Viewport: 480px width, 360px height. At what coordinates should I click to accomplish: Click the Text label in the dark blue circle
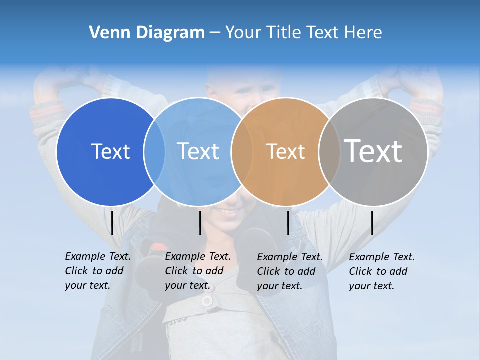pyautogui.click(x=110, y=151)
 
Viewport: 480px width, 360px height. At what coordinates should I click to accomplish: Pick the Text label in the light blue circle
pyautogui.click(x=198, y=151)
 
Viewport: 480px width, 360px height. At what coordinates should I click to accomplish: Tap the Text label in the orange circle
pyautogui.click(x=285, y=152)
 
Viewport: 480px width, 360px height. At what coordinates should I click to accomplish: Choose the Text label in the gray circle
pyautogui.click(x=373, y=151)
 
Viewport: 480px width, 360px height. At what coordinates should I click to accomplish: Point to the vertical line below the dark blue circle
pyautogui.click(x=112, y=223)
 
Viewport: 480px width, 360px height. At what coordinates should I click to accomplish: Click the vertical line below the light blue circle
pyautogui.click(x=200, y=223)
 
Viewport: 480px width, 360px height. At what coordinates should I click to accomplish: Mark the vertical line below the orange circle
pyautogui.click(x=288, y=223)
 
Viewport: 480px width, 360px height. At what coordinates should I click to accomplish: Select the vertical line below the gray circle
pyautogui.click(x=372, y=223)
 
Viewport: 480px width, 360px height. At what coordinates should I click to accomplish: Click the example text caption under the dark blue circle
pyautogui.click(x=98, y=271)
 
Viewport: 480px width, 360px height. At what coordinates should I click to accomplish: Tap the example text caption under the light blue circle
pyautogui.click(x=198, y=271)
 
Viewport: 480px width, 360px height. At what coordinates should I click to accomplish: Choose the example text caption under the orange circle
pyautogui.click(x=290, y=271)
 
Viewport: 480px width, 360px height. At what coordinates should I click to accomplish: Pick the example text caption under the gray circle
pyautogui.click(x=382, y=271)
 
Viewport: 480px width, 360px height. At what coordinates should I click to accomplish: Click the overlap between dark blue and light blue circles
pyautogui.click(x=154, y=151)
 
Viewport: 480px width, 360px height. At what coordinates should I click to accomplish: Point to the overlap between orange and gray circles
pyautogui.click(x=329, y=151)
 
